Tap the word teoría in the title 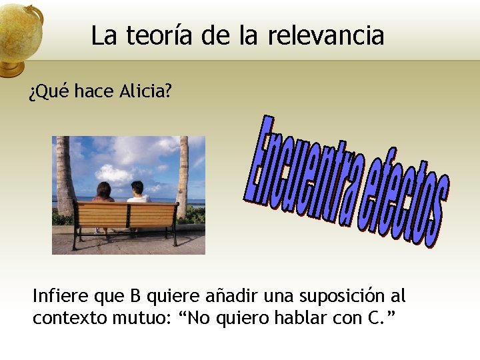coord(161,35)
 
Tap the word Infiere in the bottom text coord(59,296)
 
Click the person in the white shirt coord(139,195)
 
